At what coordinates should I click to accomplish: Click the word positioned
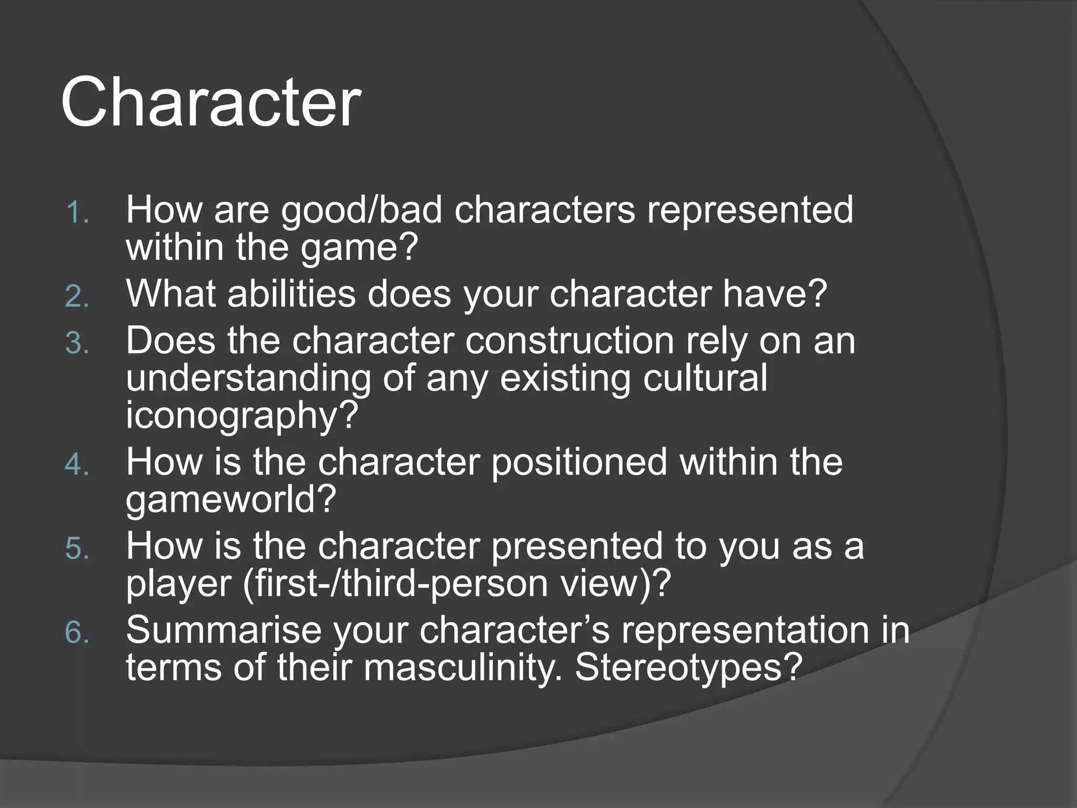579,462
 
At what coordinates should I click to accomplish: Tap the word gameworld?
230,500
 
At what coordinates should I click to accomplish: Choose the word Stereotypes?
689,668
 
